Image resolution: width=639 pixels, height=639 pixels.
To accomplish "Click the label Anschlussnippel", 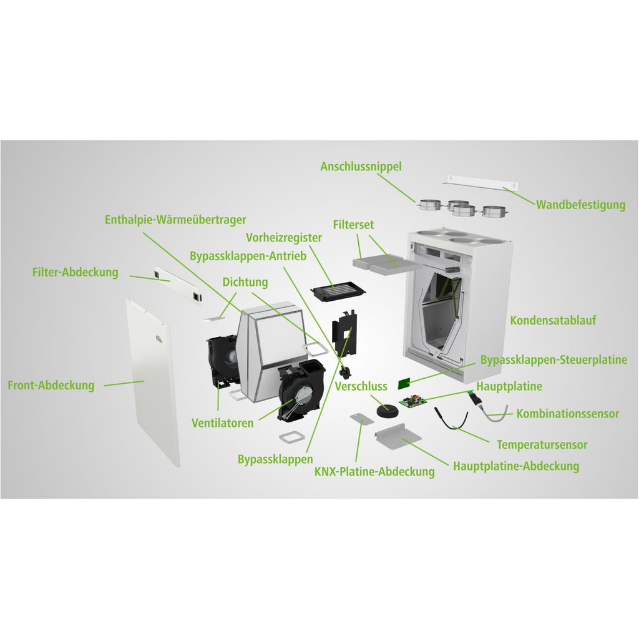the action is coord(361,167).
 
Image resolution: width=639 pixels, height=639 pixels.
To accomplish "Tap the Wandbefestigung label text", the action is coord(580,205).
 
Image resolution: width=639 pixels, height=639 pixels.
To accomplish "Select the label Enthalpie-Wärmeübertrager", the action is coord(175,220).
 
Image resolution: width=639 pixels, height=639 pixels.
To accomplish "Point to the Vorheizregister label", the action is coord(284,238).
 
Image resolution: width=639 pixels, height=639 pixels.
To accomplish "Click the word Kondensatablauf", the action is coord(553,320).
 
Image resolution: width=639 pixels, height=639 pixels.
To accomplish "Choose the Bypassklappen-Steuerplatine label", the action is coord(554,360).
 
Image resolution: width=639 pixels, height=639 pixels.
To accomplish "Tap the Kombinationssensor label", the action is coord(568,414).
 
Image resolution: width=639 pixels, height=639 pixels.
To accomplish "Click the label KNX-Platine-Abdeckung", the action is coord(374,472).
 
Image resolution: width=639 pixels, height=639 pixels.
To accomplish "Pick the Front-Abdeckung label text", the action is coord(51,386).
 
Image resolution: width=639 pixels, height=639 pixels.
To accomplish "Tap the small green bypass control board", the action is coord(404,384).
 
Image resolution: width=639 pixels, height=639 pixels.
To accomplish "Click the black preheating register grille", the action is coord(338,291).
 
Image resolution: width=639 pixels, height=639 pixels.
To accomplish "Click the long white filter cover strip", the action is coord(178,285).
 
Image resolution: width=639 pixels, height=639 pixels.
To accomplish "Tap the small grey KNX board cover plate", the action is coord(362,419).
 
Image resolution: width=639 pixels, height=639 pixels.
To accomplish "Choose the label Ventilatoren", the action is coord(223,423).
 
